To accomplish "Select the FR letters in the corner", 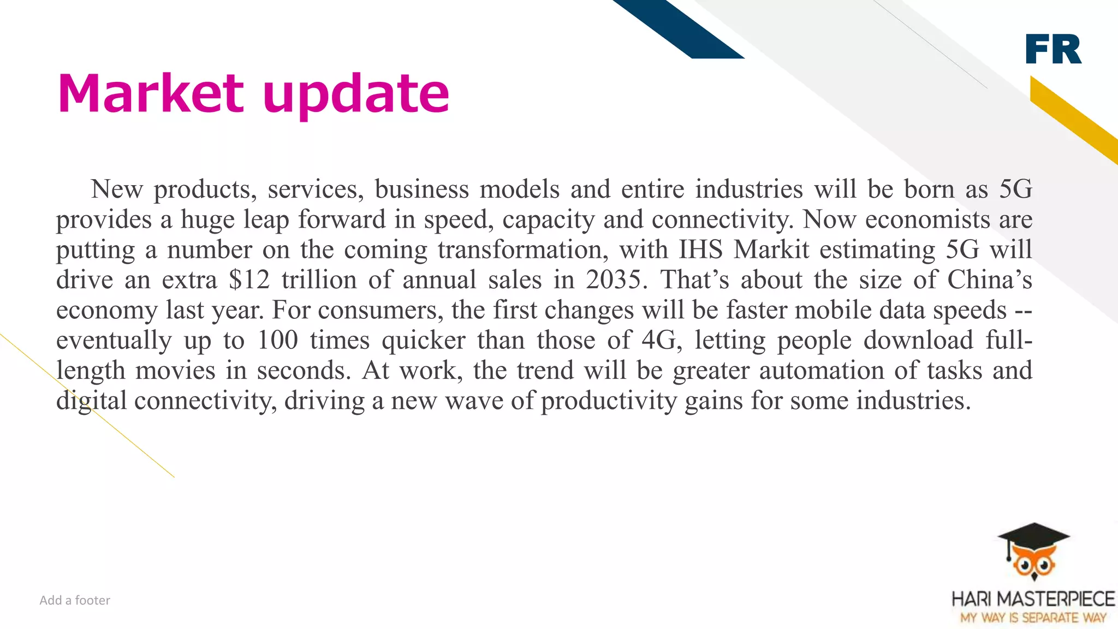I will (1053, 49).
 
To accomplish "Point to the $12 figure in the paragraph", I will (249, 280).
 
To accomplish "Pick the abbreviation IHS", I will (700, 250).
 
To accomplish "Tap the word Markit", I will (771, 250).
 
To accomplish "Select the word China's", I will (989, 280).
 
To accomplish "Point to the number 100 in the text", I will (277, 340).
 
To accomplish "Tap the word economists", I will (927, 219).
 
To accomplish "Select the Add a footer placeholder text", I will (75, 600).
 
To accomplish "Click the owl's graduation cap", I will (1033, 537).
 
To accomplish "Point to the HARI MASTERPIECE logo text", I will (1033, 599).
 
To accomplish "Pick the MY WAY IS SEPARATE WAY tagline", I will (1033, 618).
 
